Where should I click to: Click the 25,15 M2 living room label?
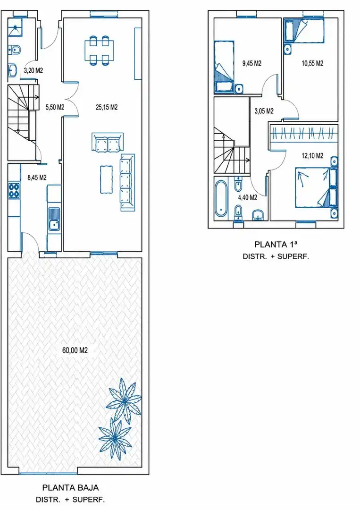(x=107, y=107)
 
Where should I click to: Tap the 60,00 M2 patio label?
(x=75, y=350)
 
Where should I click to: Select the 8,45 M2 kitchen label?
(x=37, y=178)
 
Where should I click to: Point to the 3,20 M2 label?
(x=33, y=70)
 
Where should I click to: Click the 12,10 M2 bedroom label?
(x=312, y=156)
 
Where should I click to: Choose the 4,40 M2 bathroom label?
(x=248, y=197)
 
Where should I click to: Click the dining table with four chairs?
(x=99, y=50)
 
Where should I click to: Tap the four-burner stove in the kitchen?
(x=14, y=191)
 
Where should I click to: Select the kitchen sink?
(x=54, y=219)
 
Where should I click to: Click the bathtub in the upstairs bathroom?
(x=221, y=198)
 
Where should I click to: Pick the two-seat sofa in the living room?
(x=108, y=142)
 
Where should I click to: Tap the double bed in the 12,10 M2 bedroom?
(x=316, y=187)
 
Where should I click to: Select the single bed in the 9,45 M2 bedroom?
(x=224, y=67)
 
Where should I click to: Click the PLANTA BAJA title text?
(x=70, y=487)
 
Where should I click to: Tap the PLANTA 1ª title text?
(x=276, y=244)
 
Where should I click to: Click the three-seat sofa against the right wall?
(x=127, y=182)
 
